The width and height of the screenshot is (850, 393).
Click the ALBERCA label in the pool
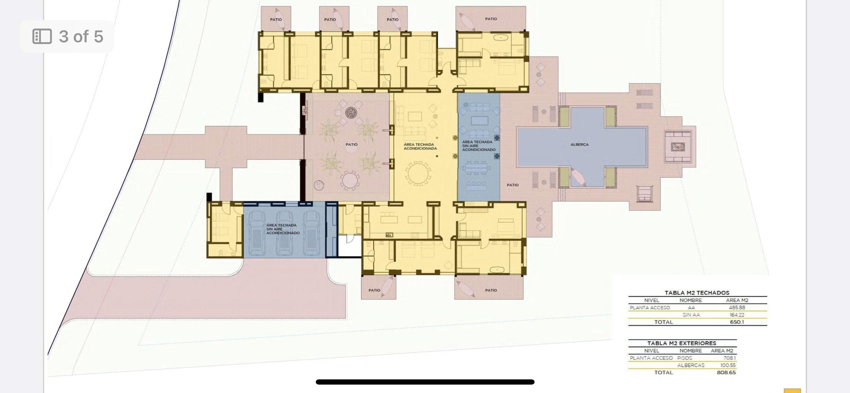coord(579,145)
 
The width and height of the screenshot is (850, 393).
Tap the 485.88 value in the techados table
coord(737,307)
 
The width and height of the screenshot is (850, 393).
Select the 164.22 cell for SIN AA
coord(737,315)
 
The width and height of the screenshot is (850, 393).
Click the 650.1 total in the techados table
coord(737,322)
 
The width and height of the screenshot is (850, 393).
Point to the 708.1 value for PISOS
coord(729,358)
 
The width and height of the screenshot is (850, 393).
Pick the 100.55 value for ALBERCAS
coord(728,365)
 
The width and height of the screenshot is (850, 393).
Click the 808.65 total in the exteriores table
coord(726,372)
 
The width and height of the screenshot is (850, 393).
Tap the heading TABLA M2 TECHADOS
coord(697,292)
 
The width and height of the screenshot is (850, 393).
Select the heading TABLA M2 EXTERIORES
coord(682,343)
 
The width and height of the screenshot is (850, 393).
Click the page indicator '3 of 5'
coord(81,36)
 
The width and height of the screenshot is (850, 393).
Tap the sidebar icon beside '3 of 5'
coord(42,36)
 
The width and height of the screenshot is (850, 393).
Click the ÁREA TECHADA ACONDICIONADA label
coord(420,146)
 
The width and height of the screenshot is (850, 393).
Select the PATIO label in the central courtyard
coord(351,145)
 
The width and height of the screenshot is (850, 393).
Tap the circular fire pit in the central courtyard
coord(351,112)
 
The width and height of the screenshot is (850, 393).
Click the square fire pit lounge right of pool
coord(677,147)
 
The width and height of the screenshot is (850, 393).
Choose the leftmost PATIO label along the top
coord(276,19)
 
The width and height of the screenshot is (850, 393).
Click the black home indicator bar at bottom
coord(425,382)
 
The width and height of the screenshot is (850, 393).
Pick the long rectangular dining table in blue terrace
coord(476,168)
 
